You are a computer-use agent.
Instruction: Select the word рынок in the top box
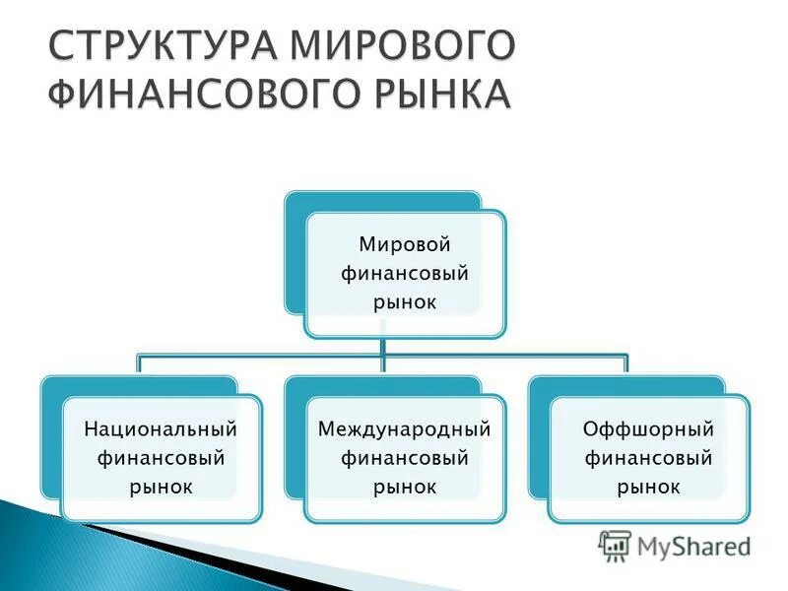pyautogui.click(x=404, y=301)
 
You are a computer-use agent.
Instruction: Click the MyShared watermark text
pyautogui.click(x=693, y=546)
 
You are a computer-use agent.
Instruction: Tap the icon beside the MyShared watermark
pyautogui.click(x=615, y=546)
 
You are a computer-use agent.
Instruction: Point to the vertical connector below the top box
pyautogui.click(x=383, y=347)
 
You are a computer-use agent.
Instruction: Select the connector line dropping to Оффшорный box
pyautogui.click(x=626, y=365)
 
